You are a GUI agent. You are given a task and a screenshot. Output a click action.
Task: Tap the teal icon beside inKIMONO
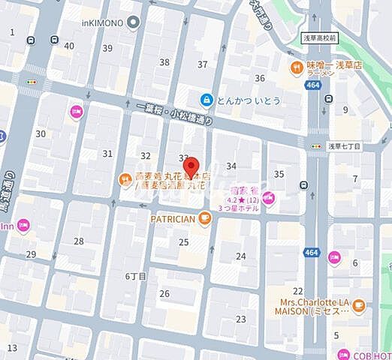click(x=133, y=23)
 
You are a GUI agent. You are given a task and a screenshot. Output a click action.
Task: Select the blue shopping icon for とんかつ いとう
click(x=206, y=99)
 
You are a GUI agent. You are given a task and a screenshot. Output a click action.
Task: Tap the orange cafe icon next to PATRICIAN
click(x=205, y=218)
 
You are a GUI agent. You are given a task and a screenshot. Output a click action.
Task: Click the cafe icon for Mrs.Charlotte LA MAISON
click(x=358, y=305)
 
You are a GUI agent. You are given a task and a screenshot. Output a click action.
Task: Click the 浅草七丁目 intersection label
click(x=345, y=148)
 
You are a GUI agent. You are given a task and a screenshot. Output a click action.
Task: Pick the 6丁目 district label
click(x=135, y=276)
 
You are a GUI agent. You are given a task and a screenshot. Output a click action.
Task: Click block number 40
click(x=69, y=46)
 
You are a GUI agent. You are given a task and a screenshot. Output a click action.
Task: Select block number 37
click(x=202, y=64)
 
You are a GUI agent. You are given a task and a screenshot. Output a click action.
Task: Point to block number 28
click(x=78, y=241)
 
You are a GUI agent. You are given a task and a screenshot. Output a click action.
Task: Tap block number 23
click(x=240, y=319)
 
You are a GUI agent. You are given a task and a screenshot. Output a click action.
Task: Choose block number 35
click(x=279, y=174)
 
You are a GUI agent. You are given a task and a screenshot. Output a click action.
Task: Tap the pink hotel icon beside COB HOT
click(x=364, y=355)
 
